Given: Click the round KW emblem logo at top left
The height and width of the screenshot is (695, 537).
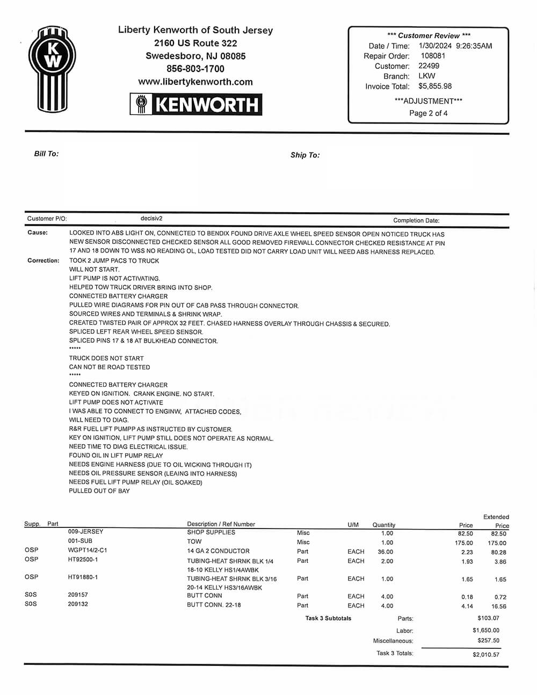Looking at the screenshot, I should coord(53,68).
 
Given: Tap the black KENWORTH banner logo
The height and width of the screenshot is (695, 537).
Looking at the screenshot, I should coord(196,104).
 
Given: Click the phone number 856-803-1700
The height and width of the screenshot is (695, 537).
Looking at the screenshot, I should coord(195,69).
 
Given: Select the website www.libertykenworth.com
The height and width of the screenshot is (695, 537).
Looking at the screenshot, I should coord(195,82).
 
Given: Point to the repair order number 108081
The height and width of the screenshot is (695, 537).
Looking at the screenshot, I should coord(433,56).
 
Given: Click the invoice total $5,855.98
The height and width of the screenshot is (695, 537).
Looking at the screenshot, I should coord(435,86).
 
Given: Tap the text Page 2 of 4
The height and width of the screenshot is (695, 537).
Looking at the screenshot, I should coord(428,113).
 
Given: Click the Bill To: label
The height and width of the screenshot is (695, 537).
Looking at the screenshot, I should coord(46,154).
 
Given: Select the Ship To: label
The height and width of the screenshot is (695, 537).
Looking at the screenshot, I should coord(305,155).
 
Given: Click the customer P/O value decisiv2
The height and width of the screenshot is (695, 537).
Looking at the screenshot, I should coord(151,219).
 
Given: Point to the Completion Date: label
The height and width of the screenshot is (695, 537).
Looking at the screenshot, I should coord(416,220).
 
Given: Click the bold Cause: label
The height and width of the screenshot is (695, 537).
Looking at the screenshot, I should coord(38,233).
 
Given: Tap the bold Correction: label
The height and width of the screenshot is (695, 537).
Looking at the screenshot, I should coord(43,260).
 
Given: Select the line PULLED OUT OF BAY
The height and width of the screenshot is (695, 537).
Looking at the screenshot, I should coord(99,491).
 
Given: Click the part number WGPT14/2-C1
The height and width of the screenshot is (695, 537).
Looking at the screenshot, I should coord(88,550).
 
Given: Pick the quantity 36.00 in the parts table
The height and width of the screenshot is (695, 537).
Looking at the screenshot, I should coord(385,552).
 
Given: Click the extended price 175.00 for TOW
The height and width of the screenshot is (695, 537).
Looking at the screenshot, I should coord(497,543).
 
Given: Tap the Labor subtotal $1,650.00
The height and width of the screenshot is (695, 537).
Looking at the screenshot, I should coord(486,630).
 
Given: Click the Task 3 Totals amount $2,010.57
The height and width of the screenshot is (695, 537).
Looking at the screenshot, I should coord(486,654).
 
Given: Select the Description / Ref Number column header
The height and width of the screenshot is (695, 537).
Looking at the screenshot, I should coord(221,524).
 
